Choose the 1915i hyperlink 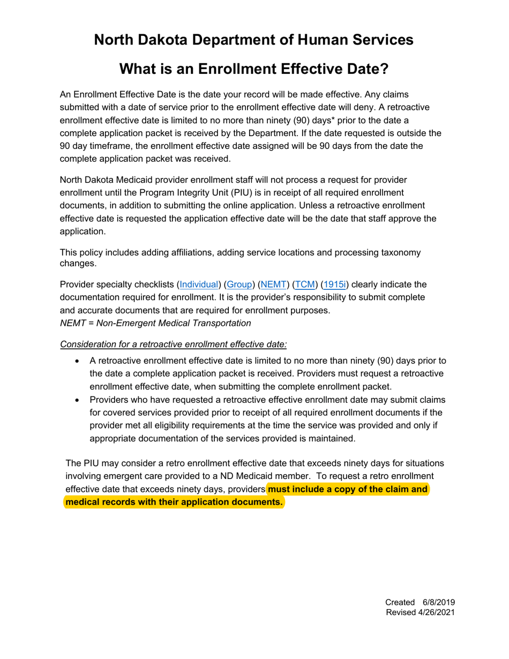point(336,284)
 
